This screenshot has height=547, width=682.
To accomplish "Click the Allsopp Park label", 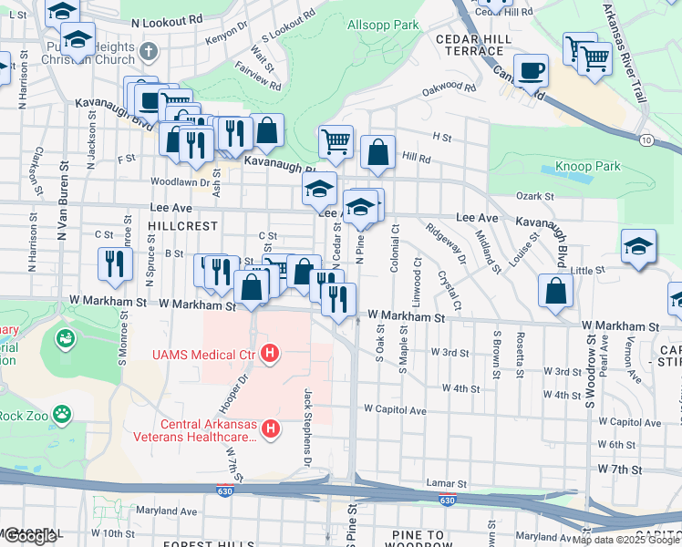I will pos(383,25).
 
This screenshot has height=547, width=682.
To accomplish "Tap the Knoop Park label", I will pos(587,167).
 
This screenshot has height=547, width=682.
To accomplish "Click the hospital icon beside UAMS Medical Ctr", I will pos(270,353).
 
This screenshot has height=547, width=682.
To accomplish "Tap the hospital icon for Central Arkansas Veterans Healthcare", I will pos(270,428).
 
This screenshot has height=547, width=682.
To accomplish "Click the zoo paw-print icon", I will pos(62,415).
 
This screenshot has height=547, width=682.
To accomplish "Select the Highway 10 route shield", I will pos(646,139).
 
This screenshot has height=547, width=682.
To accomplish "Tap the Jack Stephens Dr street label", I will pos(308,424).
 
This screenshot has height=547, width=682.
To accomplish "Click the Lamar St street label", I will pos(446,482).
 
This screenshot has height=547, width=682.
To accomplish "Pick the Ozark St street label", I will pos(534,196).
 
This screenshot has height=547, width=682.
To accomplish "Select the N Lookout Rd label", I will pos(166,21).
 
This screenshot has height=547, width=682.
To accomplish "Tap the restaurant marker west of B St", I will pos(114,263).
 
